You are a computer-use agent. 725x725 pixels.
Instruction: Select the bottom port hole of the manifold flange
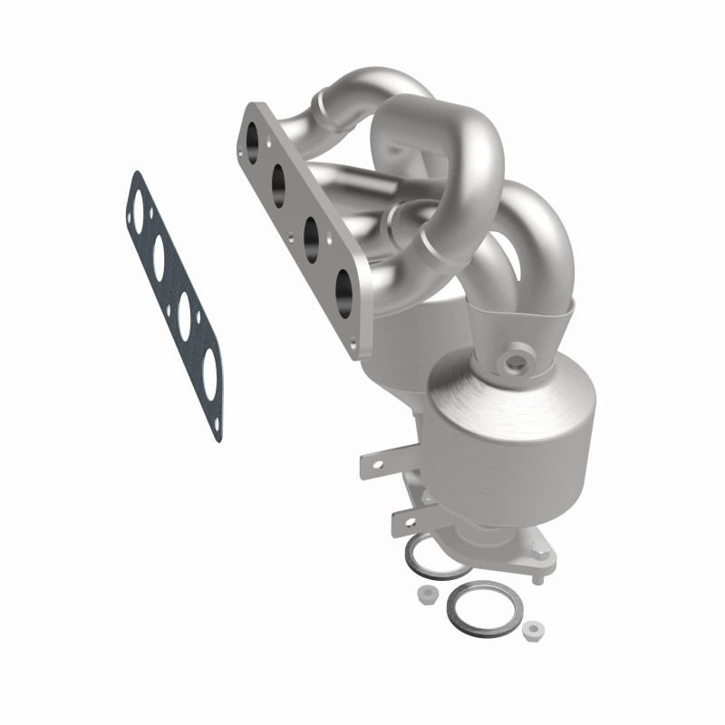coord(344,289)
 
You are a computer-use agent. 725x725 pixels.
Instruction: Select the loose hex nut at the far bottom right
coord(534,627)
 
